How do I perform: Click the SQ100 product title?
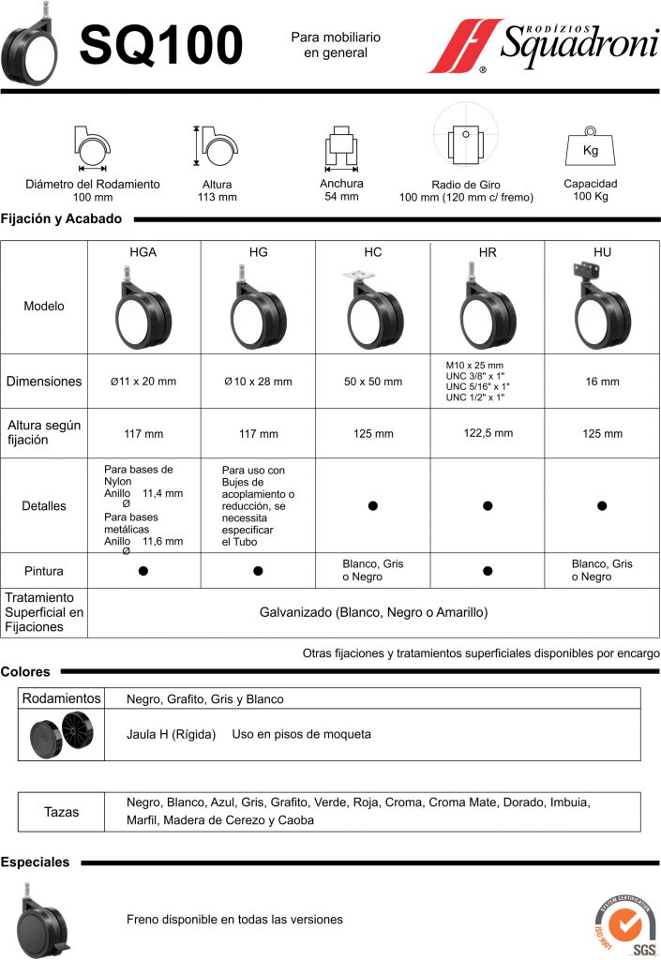click(160, 45)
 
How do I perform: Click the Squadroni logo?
click(543, 44)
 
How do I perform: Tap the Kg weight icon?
click(590, 148)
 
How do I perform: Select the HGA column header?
click(143, 252)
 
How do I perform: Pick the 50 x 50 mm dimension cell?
click(373, 382)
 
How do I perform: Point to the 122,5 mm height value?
click(488, 433)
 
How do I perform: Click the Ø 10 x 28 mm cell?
click(258, 382)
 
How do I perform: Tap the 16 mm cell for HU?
click(602, 382)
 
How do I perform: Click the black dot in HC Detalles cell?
click(373, 506)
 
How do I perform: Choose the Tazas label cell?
click(62, 812)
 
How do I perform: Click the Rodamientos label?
click(61, 698)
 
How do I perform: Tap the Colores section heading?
click(26, 671)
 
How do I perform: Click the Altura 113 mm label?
click(218, 191)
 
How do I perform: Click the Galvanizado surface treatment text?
click(373, 612)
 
